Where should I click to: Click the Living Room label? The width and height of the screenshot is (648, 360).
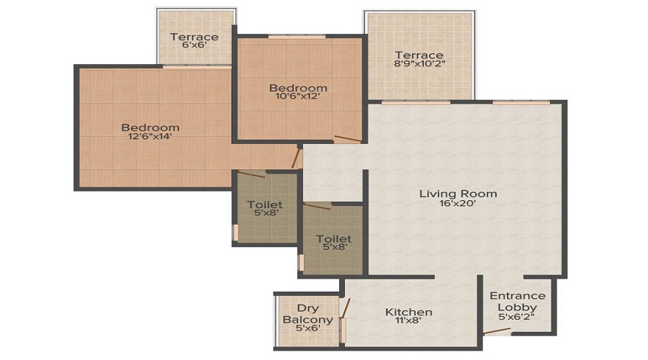pyautogui.click(x=459, y=194)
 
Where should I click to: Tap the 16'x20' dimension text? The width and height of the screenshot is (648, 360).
pyautogui.click(x=459, y=204)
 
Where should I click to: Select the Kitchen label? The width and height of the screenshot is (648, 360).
pyautogui.click(x=409, y=312)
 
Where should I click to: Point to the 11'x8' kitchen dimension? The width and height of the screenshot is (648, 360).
pyautogui.click(x=409, y=322)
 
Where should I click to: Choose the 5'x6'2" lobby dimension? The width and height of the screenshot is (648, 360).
pyautogui.click(x=517, y=318)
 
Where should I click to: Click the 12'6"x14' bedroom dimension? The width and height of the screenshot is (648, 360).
pyautogui.click(x=150, y=135)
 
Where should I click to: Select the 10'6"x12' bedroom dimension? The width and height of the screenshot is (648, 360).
pyautogui.click(x=298, y=98)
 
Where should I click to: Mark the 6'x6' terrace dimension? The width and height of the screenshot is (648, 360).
pyautogui.click(x=194, y=48)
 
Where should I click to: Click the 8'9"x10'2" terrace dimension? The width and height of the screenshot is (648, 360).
pyautogui.click(x=419, y=66)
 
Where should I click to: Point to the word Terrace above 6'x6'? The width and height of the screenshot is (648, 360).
pyautogui.click(x=194, y=37)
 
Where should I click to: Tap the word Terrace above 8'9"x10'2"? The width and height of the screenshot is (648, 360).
pyautogui.click(x=419, y=55)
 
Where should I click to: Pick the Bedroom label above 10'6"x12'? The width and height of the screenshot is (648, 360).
pyautogui.click(x=298, y=88)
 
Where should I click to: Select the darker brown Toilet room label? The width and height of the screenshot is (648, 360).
pyautogui.click(x=333, y=238)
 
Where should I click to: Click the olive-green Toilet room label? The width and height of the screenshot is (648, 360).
pyautogui.click(x=264, y=204)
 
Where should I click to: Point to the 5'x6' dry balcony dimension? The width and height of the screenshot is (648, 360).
pyautogui.click(x=307, y=329)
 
